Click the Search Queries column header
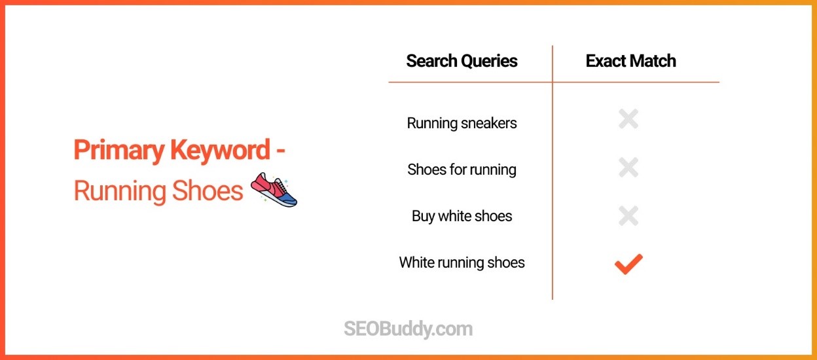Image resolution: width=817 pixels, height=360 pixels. (x=462, y=62)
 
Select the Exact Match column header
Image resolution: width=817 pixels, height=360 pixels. (x=630, y=62)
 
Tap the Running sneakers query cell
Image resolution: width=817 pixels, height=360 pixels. (x=462, y=123)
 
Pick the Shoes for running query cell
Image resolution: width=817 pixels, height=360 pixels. (x=462, y=170)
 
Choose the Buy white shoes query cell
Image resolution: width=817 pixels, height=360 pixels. (x=462, y=216)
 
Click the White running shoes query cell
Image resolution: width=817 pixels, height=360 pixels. (x=462, y=262)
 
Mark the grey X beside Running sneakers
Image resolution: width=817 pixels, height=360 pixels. (x=628, y=119)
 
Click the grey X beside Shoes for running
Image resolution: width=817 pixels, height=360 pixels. (x=628, y=168)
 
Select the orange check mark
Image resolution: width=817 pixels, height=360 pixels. (x=628, y=263)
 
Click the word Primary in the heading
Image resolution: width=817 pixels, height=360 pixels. (x=119, y=151)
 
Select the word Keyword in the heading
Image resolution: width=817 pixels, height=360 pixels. (x=220, y=151)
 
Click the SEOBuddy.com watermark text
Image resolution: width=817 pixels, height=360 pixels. (x=408, y=328)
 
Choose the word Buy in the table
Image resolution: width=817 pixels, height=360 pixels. (x=424, y=217)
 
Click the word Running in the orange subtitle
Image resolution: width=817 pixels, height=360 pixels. (x=120, y=191)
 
